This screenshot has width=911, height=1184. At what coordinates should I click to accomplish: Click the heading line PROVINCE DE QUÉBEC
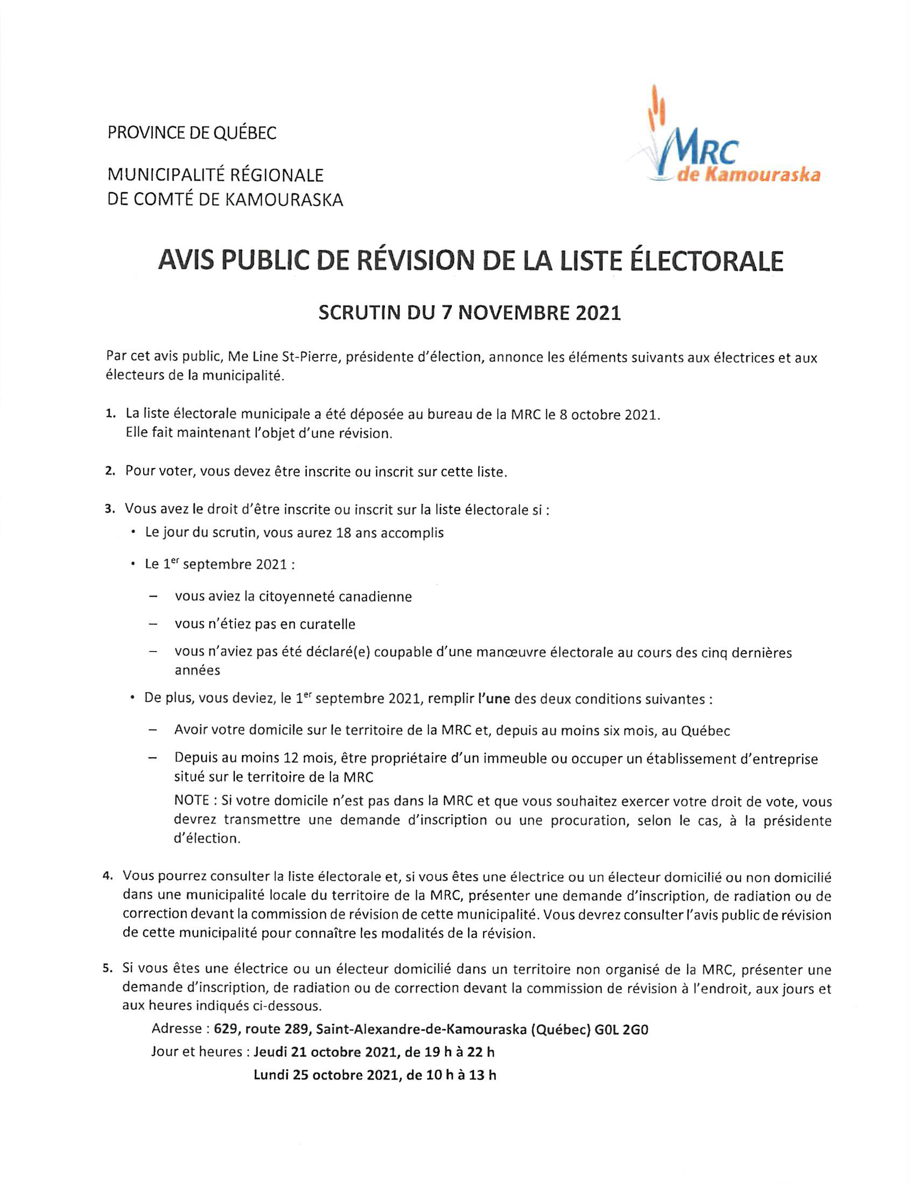(192, 133)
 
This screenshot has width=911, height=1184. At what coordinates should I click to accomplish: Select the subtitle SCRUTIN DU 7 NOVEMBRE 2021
(469, 313)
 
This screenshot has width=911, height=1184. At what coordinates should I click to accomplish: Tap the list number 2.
(110, 471)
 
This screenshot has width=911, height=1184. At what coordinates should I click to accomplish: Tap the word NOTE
(192, 801)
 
